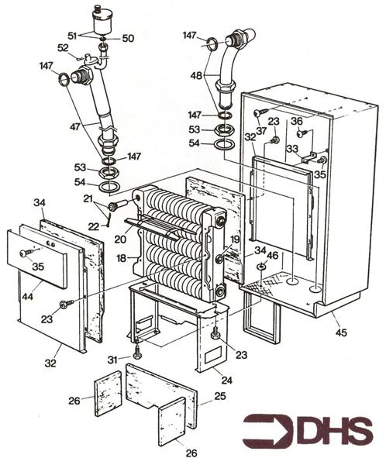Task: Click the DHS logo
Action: coord(308,431)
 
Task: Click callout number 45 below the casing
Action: coord(341,332)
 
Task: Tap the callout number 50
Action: coord(128,39)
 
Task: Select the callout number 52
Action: coord(63,48)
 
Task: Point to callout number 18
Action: coord(122,258)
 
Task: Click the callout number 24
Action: coord(226,380)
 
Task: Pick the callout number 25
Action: coord(220,396)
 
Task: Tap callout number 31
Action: coord(112,360)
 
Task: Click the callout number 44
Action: coord(28,296)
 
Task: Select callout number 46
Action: coord(273,255)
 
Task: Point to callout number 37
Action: coord(261,130)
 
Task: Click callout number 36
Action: coord(296,121)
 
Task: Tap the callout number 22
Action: coord(94,226)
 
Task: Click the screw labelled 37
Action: coord(260,112)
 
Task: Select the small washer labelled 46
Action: coord(261,267)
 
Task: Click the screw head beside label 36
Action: coord(302,134)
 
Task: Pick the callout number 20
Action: coord(120,239)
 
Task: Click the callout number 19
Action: coord(235,239)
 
